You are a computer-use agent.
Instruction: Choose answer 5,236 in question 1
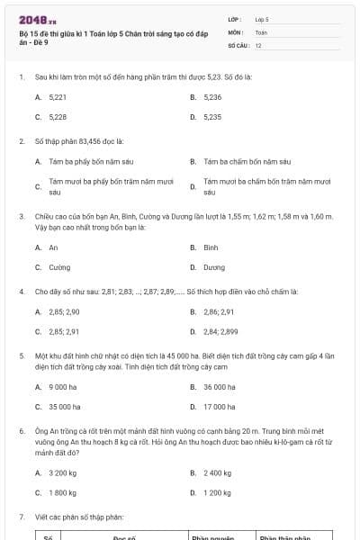pyautogui.click(x=212, y=96)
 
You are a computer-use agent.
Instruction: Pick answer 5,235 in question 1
pyautogui.click(x=212, y=117)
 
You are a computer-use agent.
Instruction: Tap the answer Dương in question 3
pyautogui.click(x=214, y=267)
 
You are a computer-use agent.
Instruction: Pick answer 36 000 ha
pyautogui.click(x=220, y=387)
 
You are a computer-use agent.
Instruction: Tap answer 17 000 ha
pyautogui.click(x=220, y=407)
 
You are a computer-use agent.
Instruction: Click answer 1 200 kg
pyautogui.click(x=218, y=493)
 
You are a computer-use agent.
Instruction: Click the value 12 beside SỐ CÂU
pyautogui.click(x=258, y=45)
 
